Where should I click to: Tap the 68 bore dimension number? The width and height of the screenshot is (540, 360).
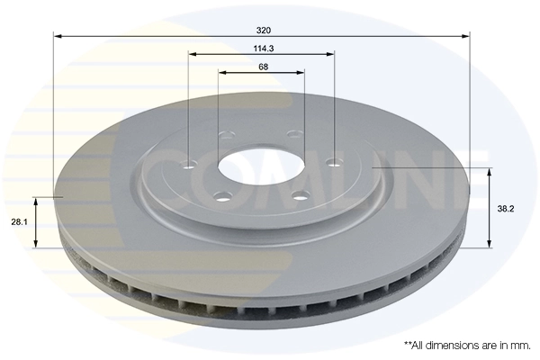pyautogui.click(x=262, y=67)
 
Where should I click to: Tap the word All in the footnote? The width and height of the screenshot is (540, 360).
pyautogui.click(x=420, y=345)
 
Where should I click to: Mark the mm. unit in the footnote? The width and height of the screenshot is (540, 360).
pyautogui.click(x=519, y=345)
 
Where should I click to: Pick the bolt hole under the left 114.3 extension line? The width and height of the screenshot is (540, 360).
pyautogui.click(x=188, y=164)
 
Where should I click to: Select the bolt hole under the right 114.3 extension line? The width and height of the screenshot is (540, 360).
pyautogui.click(x=334, y=163)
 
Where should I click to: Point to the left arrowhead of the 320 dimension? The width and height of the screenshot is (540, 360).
pyautogui.click(x=58, y=36)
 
